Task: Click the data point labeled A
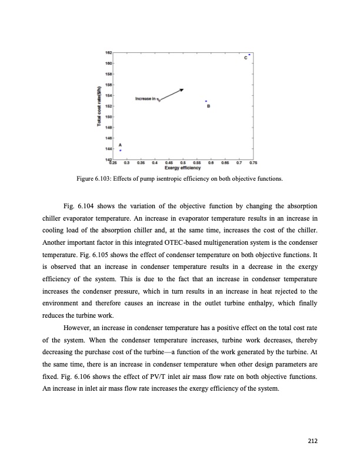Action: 121,151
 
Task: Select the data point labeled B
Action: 206,101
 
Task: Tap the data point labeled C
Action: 249,55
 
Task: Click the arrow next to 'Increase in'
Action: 171,94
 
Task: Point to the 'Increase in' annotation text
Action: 146,99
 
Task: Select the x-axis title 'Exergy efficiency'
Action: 180,168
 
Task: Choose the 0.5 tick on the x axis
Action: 183,164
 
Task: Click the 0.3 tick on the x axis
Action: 127,164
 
